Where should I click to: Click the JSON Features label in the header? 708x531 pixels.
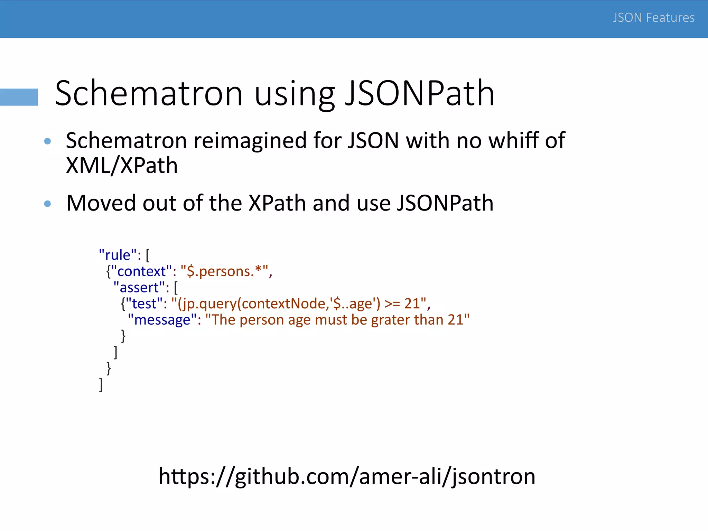pos(653,18)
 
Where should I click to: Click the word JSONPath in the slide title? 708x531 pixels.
pos(420,93)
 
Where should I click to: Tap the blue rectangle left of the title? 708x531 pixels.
pos(19,97)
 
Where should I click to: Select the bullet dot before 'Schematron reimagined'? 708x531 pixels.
pos(48,141)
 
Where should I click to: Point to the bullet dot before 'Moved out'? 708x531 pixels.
pos(48,204)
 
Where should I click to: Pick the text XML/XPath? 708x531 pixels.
pos(122,166)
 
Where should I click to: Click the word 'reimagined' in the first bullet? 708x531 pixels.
pos(250,141)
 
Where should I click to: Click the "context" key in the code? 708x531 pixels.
pos(142,271)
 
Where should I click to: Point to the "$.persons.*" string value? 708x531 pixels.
pos(224,271)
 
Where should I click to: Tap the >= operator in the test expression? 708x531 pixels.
pos(392,304)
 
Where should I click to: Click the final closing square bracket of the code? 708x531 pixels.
pos(101,385)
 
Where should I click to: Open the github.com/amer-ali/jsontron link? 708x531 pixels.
pos(347,476)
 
